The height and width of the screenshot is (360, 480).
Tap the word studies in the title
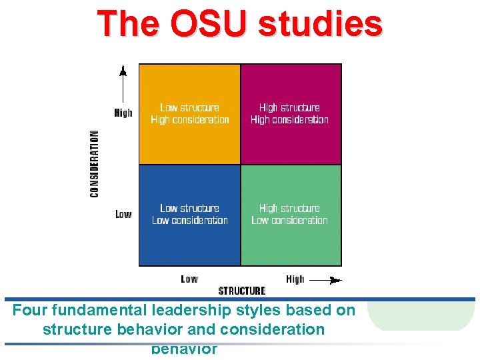319,23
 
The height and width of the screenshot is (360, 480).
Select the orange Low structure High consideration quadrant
190,114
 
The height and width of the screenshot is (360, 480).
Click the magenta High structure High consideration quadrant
291,114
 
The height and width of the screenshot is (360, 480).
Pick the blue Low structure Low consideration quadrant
190,215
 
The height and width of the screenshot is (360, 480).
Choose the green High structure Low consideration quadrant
291,215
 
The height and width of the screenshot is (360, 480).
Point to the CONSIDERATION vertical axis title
95,163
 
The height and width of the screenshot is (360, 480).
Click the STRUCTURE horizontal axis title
242,291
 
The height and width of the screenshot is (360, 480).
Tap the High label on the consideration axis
123,113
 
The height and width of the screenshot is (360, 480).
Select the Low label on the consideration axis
123,214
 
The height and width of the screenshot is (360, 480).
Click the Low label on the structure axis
189,279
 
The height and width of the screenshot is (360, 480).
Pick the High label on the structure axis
295,279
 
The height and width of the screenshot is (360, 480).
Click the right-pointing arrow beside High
326,281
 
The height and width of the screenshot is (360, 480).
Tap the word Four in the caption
30,311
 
